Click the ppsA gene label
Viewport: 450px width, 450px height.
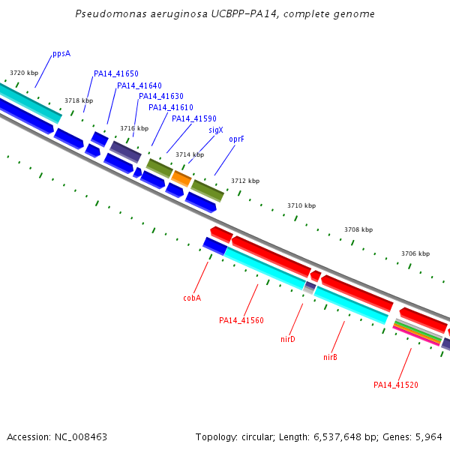pyautogui.click(x=61, y=54)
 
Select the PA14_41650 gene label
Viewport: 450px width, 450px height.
pyautogui.click(x=115, y=73)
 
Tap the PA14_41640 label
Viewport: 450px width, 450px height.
pyautogui.click(x=139, y=85)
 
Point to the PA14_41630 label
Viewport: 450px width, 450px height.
pyautogui.click(x=160, y=96)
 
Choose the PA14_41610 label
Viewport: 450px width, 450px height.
pyautogui.click(x=170, y=107)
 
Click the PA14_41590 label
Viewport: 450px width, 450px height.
pyautogui.click(x=193, y=118)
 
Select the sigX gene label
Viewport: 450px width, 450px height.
pyautogui.click(x=216, y=130)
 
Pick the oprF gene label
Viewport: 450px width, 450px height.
pyautogui.click(x=237, y=139)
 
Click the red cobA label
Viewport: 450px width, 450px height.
pyautogui.click(x=192, y=298)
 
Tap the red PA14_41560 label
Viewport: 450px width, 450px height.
pyautogui.click(x=241, y=320)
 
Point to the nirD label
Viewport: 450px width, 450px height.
pyautogui.click(x=288, y=339)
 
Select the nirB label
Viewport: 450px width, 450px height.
pyautogui.click(x=330, y=357)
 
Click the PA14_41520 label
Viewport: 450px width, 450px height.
pyautogui.click(x=396, y=385)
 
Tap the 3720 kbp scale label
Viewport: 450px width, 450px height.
pyautogui.click(x=23, y=73)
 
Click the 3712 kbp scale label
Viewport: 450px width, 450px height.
pyautogui.click(x=245, y=181)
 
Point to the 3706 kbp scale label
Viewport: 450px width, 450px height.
pyautogui.click(x=415, y=253)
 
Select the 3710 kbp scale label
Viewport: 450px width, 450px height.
pyautogui.click(x=301, y=205)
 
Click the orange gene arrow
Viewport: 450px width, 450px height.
pyautogui.click(x=181, y=178)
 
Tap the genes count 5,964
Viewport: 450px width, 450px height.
pyautogui.click(x=428, y=436)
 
